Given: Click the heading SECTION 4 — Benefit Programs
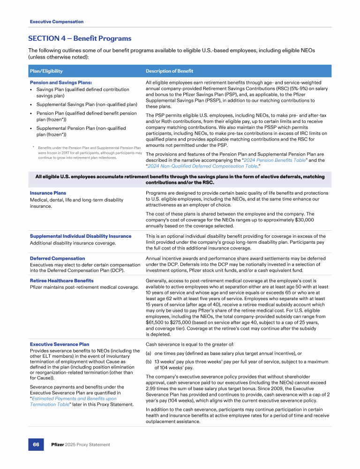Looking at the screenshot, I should point(80,38).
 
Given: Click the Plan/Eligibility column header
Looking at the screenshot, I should point(46,71).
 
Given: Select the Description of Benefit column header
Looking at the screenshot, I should point(169,71).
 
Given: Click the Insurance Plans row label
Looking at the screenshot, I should point(48,193).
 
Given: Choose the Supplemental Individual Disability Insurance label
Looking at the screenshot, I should point(81,236).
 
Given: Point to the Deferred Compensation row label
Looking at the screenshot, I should point(57,258).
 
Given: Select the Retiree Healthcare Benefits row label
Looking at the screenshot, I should point(61,280).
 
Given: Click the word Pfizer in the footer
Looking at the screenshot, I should point(58,444).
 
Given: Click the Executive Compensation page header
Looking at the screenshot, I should point(57,22).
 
